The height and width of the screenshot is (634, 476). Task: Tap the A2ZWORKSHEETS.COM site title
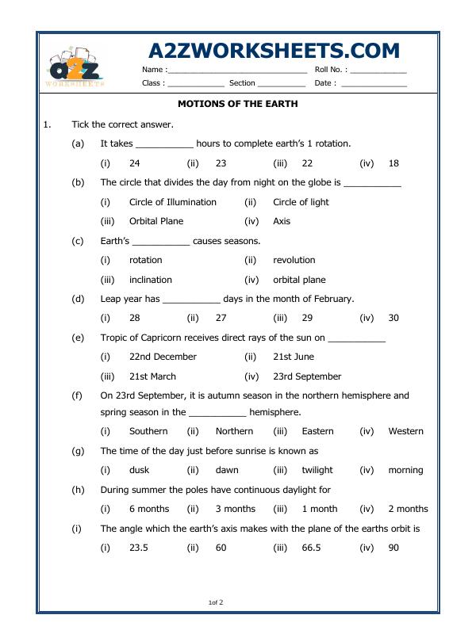274,51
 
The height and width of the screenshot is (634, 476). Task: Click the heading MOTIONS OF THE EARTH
237,104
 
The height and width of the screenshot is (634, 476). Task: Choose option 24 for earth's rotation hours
135,163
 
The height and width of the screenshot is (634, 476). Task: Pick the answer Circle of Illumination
173,202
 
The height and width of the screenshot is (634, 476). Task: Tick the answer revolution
294,260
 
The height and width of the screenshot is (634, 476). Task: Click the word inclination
151,280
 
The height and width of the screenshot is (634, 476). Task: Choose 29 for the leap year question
307,318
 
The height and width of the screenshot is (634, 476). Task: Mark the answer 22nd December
163,357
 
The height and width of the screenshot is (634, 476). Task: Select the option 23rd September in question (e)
307,376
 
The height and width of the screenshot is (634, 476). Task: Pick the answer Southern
148,431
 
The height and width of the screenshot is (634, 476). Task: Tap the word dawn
227,470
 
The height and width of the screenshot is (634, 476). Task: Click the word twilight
317,470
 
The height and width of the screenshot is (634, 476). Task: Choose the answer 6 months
149,509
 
